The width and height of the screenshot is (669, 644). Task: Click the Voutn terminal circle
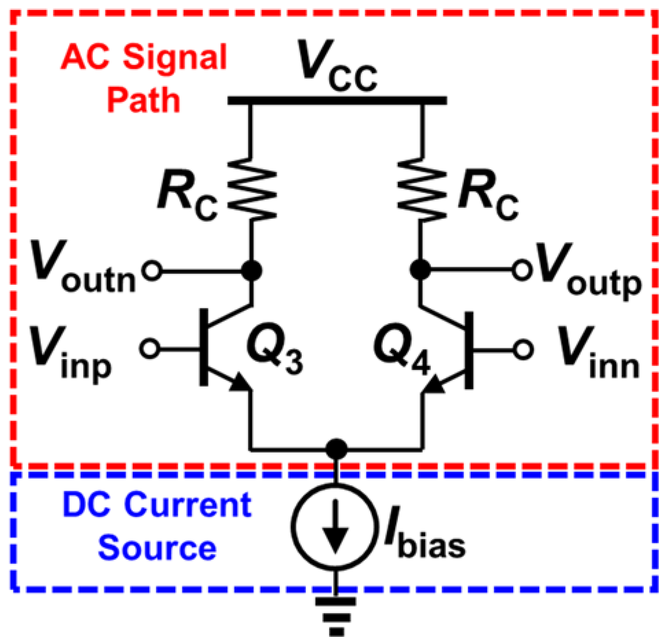pyautogui.click(x=152, y=271)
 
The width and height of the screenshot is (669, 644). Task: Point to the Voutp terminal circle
pyautogui.click(x=522, y=270)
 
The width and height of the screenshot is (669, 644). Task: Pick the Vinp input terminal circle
pyautogui.click(x=149, y=348)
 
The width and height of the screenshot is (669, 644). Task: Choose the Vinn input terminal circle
pyautogui.click(x=523, y=350)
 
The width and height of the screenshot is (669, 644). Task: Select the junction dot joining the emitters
pyautogui.click(x=336, y=449)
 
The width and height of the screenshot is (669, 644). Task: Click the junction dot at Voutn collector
pyautogui.click(x=252, y=271)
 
